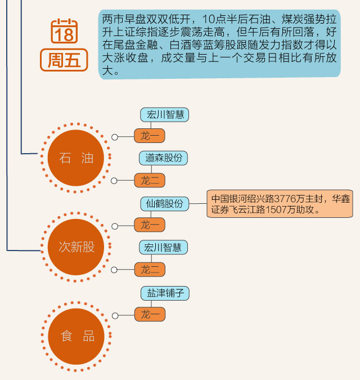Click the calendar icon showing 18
click(64, 32)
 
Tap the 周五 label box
click(64, 60)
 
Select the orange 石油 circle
click(76, 158)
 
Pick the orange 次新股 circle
click(76, 247)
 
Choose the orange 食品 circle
click(76, 336)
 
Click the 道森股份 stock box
click(163, 158)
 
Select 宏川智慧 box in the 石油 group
click(164, 115)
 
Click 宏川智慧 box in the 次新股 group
click(164, 248)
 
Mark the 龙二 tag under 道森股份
click(150, 180)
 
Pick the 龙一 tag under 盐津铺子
click(150, 314)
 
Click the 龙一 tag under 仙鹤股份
click(150, 225)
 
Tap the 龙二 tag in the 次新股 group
click(150, 269)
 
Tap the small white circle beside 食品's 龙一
click(115, 315)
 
